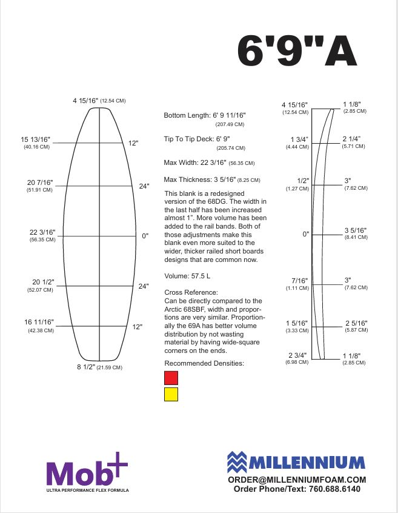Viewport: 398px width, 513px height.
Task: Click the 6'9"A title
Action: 297,50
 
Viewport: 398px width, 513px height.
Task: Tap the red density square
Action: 171,378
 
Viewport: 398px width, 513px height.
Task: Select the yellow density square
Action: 171,394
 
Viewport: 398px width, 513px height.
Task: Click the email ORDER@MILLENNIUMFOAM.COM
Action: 297,479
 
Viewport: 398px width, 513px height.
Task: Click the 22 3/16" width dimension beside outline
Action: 42,232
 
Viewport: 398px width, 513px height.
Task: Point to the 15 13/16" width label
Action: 37,139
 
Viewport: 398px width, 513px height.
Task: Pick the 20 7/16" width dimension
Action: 40,183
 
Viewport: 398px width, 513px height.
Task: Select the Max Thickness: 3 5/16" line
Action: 202,179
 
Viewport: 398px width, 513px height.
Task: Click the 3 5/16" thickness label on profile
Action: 356,230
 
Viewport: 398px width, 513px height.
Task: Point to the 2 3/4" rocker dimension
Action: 299,355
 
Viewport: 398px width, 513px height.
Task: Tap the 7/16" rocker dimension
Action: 300,280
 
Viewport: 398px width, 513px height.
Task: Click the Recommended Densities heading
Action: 204,363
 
